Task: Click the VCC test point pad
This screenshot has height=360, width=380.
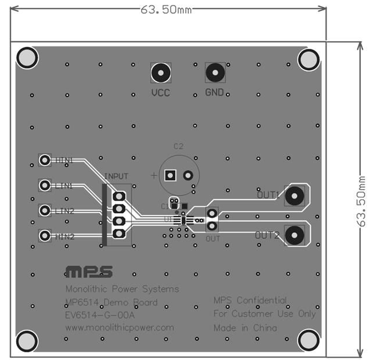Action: click(x=160, y=73)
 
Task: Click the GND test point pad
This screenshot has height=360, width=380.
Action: click(x=215, y=73)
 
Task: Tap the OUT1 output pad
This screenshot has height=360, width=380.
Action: click(x=296, y=196)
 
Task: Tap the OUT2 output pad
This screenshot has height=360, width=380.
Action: click(x=295, y=234)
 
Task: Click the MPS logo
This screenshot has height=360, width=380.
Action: click(x=89, y=271)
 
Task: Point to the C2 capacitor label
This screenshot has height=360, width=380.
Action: click(x=178, y=146)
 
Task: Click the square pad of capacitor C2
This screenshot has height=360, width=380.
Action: click(x=170, y=175)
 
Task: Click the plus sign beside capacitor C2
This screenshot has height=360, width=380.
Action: click(x=154, y=175)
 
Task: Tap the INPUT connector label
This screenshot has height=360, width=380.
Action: click(x=116, y=175)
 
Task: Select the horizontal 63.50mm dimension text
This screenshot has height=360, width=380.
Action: click(x=166, y=10)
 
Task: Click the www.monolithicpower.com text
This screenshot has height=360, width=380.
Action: click(x=120, y=327)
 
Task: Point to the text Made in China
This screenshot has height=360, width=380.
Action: click(x=245, y=328)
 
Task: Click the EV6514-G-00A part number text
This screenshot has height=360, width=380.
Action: click(x=100, y=315)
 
